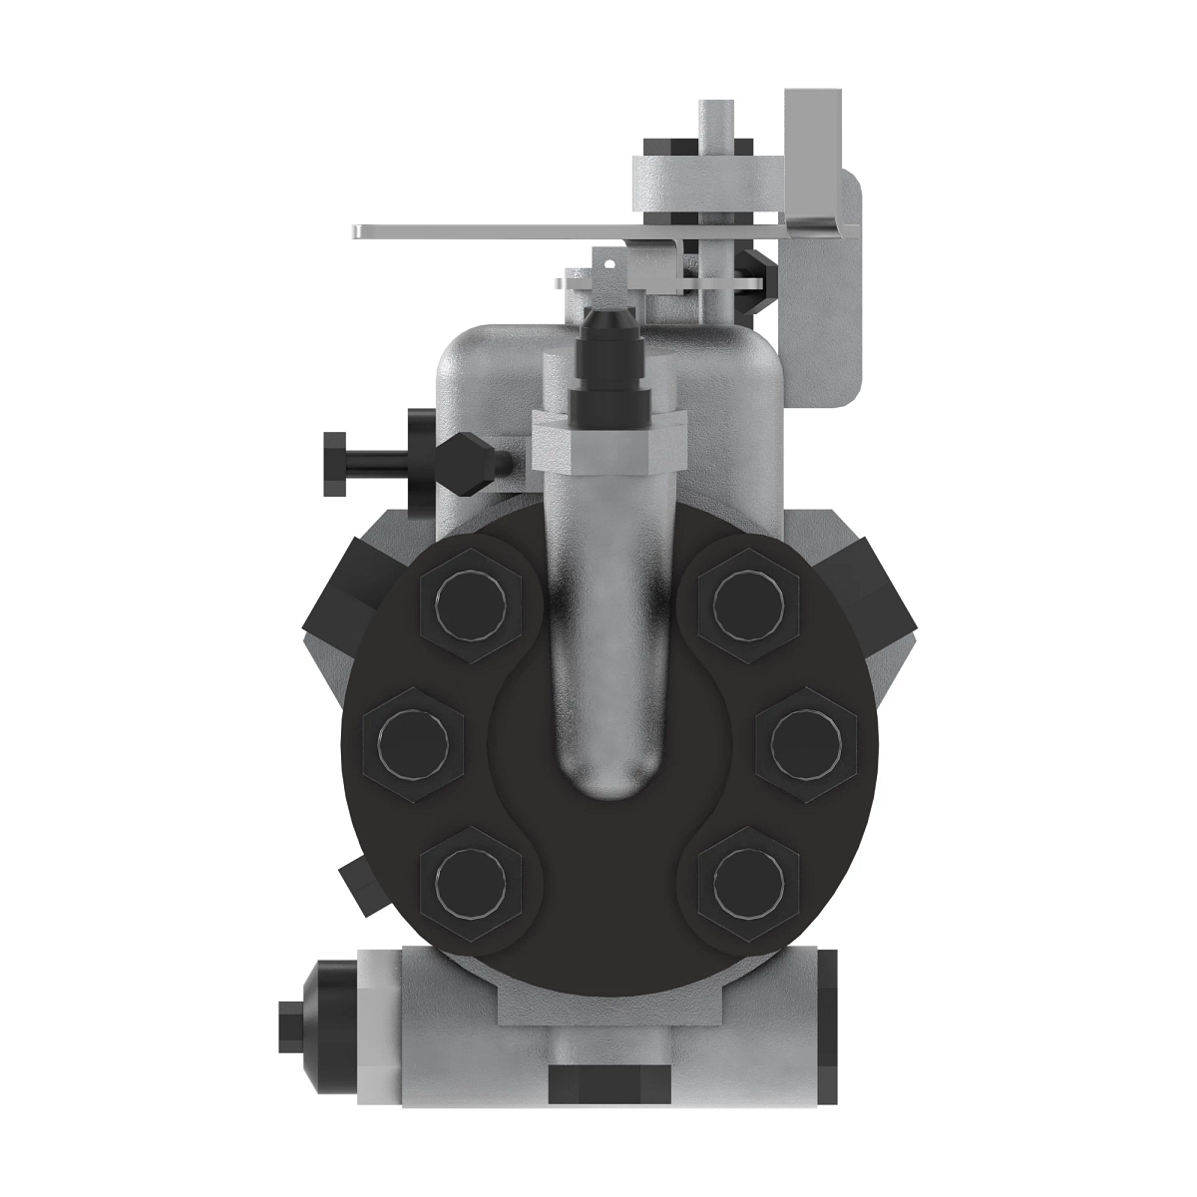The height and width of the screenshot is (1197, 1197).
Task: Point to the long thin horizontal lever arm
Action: [479, 231]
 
